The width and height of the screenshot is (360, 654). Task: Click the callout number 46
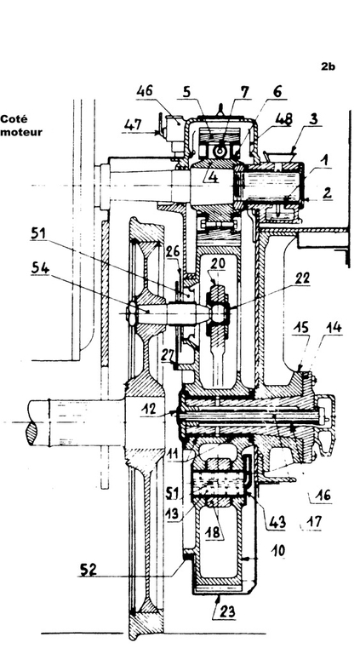144,91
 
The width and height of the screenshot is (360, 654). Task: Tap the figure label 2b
328,66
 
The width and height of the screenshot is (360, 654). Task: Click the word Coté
14,119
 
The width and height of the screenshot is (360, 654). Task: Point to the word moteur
21,132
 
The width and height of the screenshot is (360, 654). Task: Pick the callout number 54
40,268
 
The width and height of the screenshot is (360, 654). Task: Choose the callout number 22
301,278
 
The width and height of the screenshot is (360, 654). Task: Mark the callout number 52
87,569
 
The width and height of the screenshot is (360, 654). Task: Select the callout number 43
277,521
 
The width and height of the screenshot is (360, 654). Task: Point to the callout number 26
172,251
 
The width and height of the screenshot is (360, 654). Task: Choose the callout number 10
277,551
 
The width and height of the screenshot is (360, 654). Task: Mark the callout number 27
169,353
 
